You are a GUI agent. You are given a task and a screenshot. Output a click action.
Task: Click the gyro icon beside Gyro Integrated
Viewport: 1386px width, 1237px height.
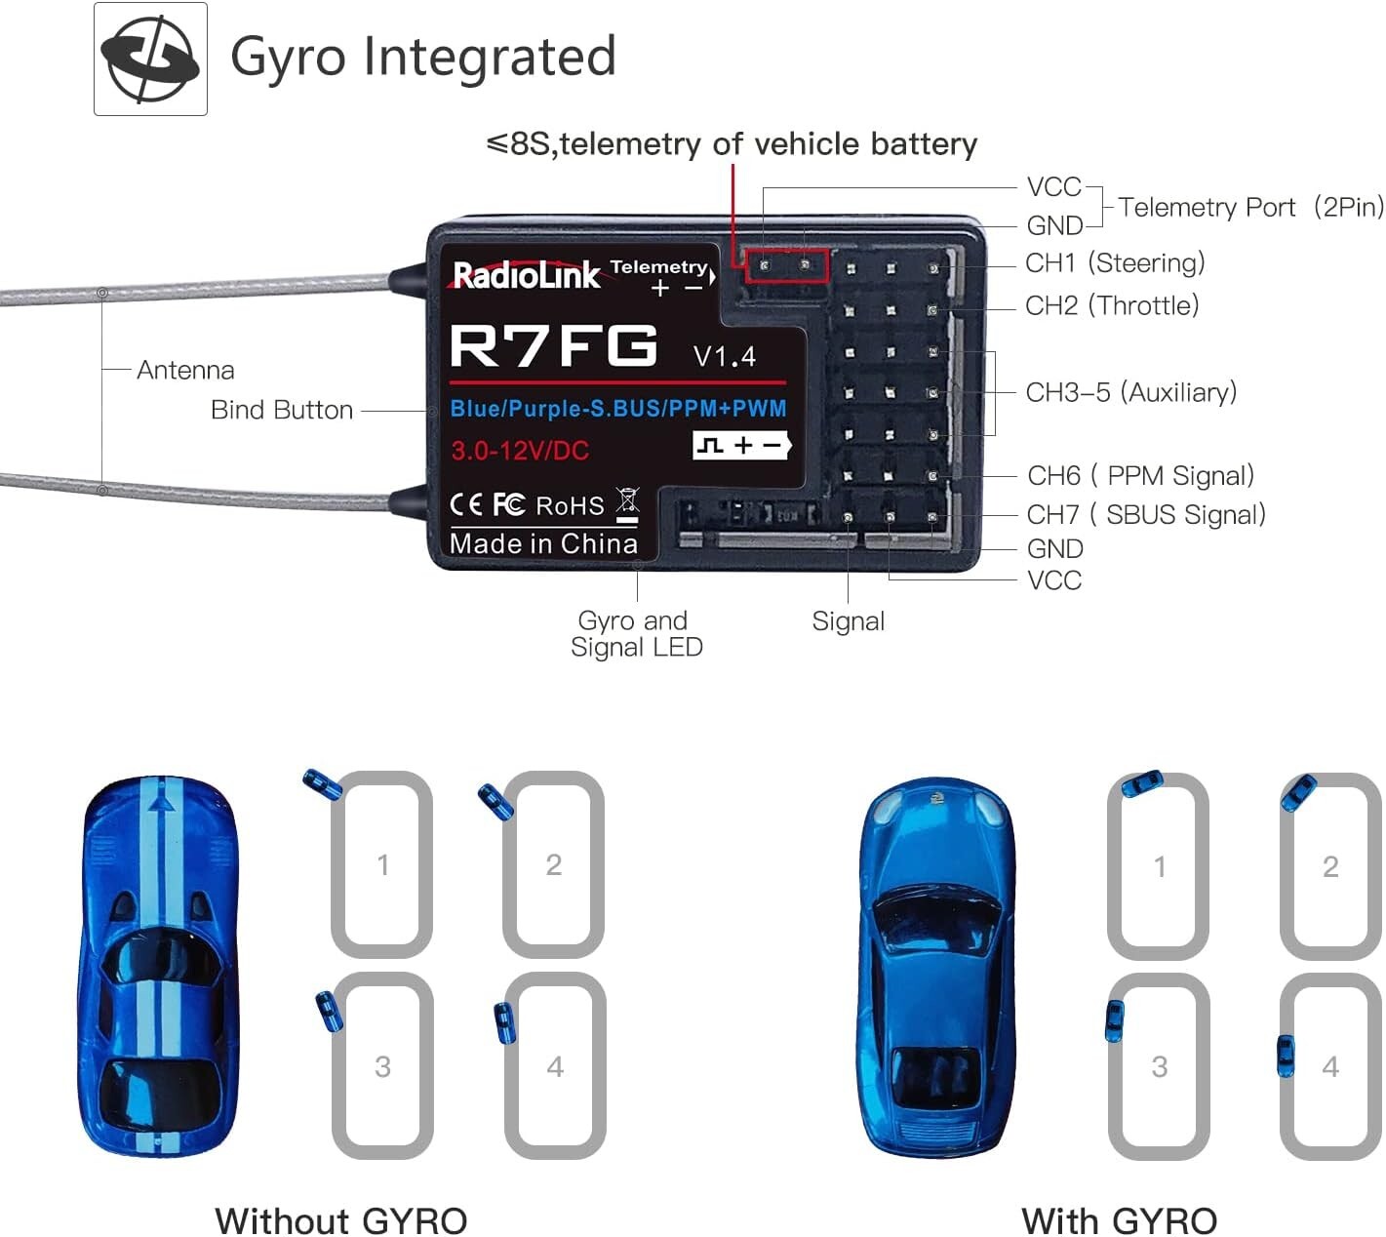coord(150,59)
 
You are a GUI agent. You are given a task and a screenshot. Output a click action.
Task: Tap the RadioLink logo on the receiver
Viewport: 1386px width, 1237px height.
coord(526,275)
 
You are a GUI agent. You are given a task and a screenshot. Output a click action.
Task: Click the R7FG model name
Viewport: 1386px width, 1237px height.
coord(553,345)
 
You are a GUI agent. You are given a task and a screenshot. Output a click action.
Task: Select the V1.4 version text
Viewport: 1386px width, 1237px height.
coord(724,356)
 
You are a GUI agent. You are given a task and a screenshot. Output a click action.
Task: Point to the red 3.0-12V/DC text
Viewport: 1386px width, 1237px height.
coord(520,451)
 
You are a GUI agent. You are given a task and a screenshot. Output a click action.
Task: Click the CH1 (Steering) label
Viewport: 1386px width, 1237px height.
coord(1115,263)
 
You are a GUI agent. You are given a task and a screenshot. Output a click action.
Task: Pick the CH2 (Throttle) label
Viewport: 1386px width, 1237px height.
coord(1112,305)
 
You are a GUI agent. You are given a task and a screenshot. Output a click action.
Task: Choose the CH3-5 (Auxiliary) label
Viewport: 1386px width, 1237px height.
coord(1130,392)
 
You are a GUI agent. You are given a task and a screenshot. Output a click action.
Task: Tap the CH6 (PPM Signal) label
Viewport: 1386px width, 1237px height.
coord(1140,476)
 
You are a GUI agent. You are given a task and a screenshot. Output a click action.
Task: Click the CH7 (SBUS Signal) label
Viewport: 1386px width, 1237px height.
coord(1146,514)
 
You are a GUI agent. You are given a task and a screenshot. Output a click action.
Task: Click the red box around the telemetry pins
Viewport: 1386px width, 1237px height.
coord(786,265)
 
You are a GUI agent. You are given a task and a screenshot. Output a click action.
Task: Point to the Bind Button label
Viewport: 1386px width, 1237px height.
coord(282,410)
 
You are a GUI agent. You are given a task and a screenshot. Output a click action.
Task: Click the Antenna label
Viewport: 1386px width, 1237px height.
coord(185,370)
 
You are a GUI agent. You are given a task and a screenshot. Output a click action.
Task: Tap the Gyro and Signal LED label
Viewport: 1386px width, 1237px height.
coord(636,634)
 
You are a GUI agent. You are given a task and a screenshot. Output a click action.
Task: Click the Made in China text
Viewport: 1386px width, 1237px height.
coord(543,543)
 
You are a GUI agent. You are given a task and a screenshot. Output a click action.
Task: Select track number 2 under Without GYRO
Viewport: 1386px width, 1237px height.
coord(553,864)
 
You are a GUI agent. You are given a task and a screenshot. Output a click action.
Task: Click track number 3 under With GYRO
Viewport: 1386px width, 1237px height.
coord(1159,1066)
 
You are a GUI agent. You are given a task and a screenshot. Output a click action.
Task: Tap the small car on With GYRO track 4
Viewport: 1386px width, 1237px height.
coord(1286,1056)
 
